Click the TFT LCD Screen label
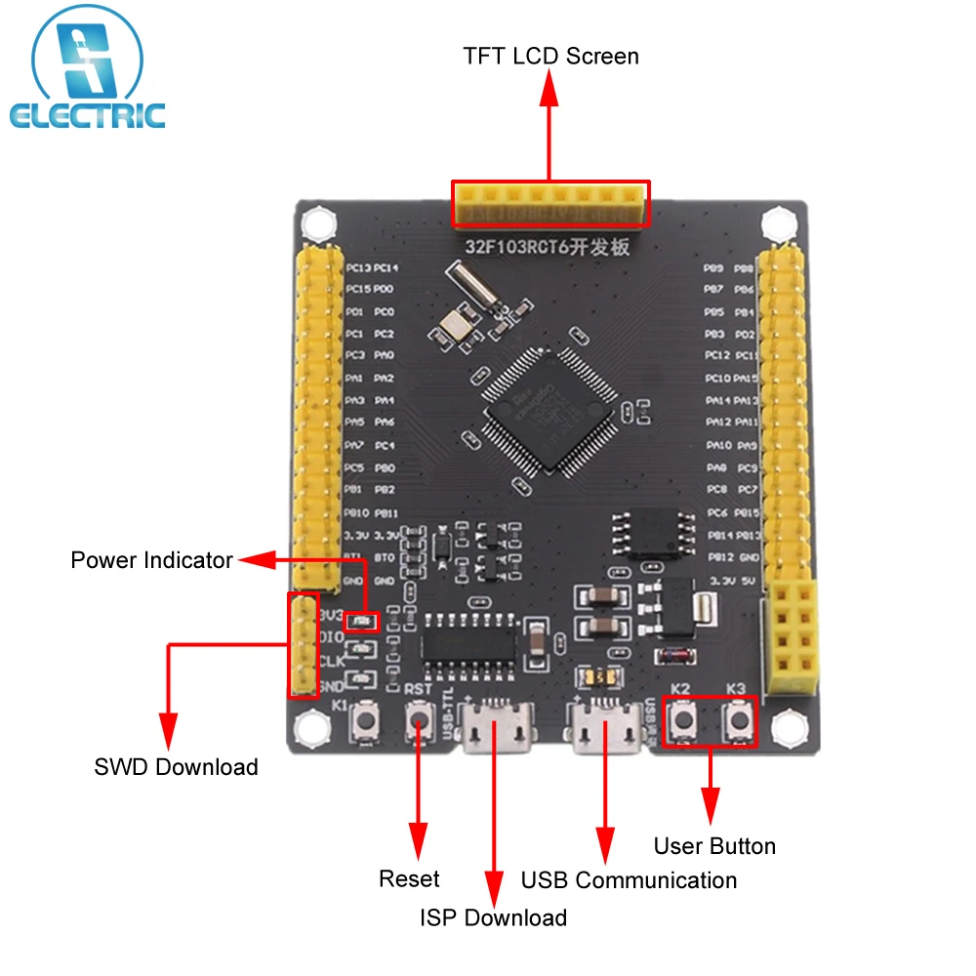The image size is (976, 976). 550,56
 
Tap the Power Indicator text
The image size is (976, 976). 151,560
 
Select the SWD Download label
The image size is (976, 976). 176,767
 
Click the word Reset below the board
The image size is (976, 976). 409,879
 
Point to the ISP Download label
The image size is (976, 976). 493,917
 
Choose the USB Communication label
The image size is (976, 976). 629,880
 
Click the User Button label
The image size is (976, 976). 714,846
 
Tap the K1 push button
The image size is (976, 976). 370,724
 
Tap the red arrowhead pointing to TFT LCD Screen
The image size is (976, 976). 549,90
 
